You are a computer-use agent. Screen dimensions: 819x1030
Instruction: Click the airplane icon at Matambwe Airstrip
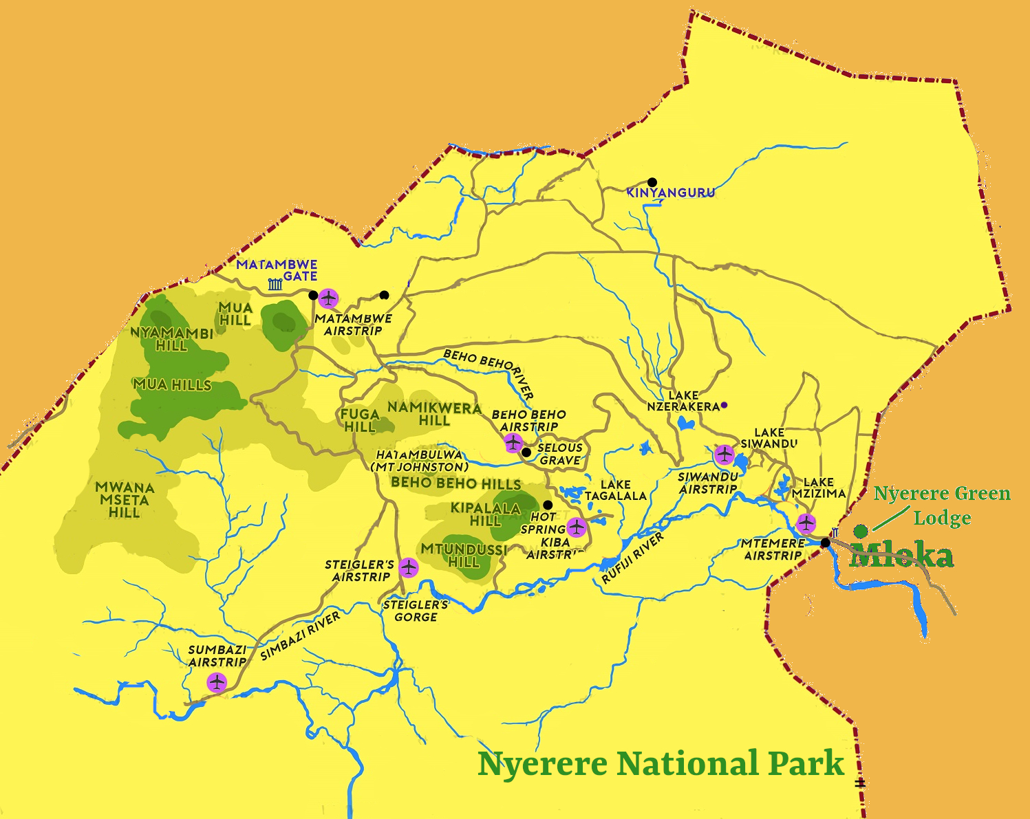point(329,298)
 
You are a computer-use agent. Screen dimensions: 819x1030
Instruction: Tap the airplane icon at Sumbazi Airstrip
point(217,683)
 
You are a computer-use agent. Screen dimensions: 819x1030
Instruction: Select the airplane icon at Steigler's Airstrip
point(409,568)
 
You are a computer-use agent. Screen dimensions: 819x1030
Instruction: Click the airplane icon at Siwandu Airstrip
point(724,455)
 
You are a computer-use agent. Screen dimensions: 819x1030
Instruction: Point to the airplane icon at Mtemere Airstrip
point(806,523)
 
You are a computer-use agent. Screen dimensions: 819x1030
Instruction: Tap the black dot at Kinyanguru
point(652,183)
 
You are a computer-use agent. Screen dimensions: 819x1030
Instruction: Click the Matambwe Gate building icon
point(275,284)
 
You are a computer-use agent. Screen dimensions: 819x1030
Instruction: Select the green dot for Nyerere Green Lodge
point(860,531)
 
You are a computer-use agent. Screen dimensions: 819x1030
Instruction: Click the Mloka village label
point(901,556)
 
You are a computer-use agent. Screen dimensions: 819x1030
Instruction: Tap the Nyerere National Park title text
point(661,763)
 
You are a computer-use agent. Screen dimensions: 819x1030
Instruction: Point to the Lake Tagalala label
point(616,490)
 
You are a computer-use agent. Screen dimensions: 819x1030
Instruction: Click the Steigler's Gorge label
point(416,611)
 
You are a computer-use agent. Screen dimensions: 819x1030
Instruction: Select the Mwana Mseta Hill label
point(125,500)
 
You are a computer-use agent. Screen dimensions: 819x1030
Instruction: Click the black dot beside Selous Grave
point(526,452)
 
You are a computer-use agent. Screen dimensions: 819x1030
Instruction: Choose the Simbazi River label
point(300,636)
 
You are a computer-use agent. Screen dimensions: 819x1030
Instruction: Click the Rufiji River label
point(632,558)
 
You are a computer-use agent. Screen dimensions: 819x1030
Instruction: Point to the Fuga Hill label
point(360,420)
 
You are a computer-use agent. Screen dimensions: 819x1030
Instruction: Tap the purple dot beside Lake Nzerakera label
point(724,406)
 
